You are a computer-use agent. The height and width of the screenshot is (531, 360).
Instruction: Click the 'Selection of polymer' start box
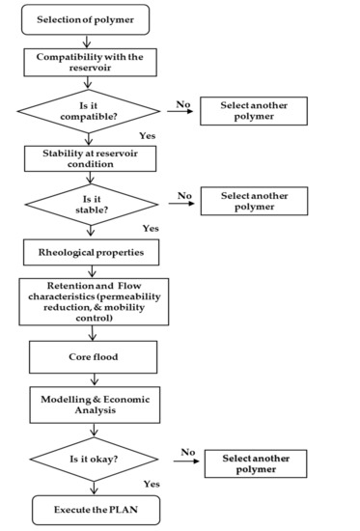(86, 20)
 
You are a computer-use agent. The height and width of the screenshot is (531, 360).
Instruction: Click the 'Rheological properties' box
(89, 251)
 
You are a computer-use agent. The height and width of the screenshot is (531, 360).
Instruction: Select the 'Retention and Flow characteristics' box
(94, 300)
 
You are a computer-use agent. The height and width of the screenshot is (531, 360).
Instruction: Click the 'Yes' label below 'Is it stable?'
(151, 228)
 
